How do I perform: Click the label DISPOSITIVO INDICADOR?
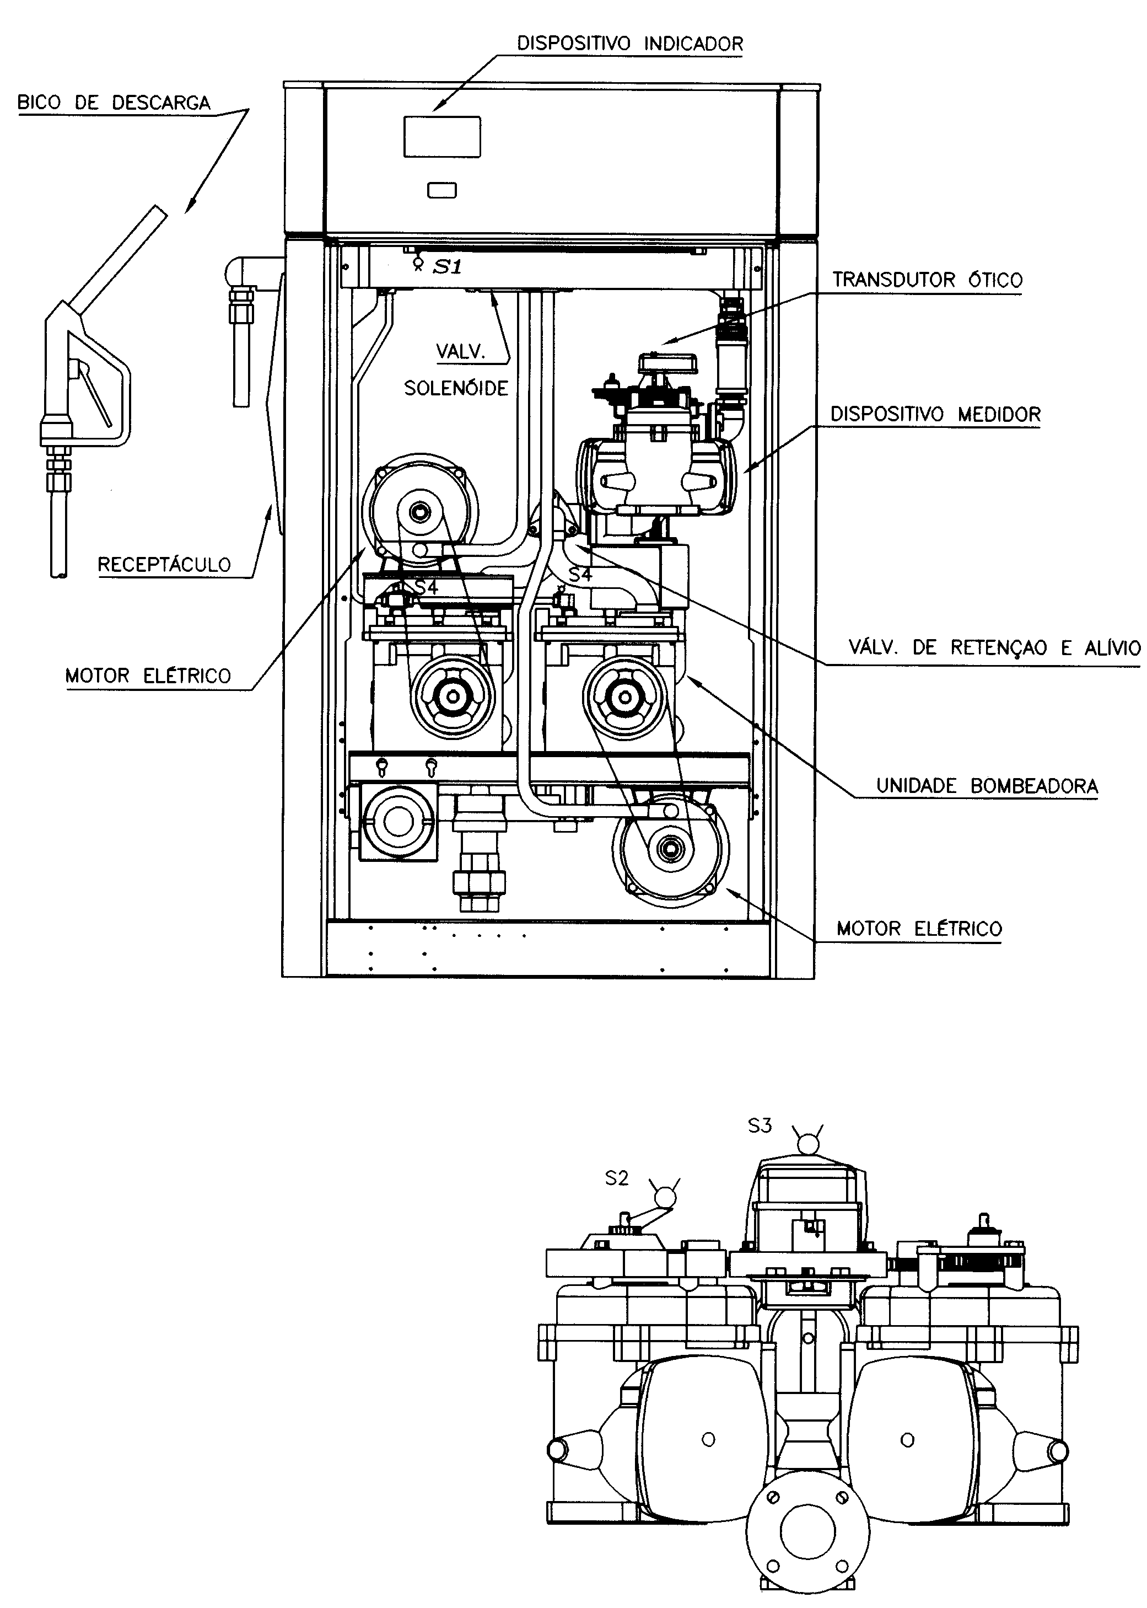tap(630, 44)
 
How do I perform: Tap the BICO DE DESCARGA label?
tap(114, 103)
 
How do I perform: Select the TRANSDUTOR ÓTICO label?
tap(927, 280)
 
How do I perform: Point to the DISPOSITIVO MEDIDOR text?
tap(935, 414)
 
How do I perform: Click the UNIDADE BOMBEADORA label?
tap(987, 786)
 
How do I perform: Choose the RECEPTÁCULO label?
tap(164, 565)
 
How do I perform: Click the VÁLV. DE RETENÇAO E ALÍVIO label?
tap(994, 647)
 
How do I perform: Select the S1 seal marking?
tap(446, 267)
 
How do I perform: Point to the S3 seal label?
tap(760, 1125)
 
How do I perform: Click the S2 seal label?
tap(617, 1178)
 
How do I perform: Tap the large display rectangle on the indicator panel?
tap(442, 137)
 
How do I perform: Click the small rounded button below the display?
tap(442, 190)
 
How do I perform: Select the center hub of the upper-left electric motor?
tap(421, 511)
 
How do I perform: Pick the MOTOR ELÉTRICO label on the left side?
tap(148, 676)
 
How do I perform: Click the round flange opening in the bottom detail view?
tap(807, 1530)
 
